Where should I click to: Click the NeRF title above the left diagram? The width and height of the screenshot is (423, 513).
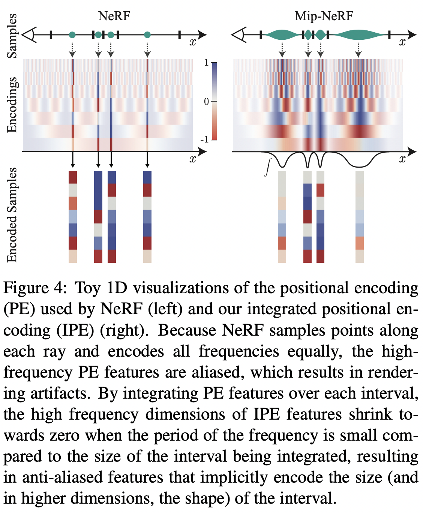coord(114,16)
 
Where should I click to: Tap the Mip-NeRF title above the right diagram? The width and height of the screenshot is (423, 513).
coord(324,16)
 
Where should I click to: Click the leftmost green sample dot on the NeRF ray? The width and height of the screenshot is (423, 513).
coord(72,35)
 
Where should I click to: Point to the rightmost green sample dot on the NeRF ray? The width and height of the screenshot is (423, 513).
coord(147,35)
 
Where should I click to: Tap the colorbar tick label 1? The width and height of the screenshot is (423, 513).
coord(206,63)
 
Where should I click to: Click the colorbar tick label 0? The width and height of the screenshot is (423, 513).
coord(206,101)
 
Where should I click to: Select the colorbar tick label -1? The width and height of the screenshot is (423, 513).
coord(205,139)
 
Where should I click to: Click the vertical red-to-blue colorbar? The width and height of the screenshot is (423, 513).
coord(214,101)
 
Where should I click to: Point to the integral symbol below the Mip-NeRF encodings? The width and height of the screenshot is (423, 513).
coord(267,167)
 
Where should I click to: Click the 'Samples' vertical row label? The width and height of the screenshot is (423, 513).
coord(12,36)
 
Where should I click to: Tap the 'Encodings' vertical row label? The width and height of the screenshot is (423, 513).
coord(12,105)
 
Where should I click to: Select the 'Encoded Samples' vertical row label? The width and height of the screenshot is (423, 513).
coord(12,215)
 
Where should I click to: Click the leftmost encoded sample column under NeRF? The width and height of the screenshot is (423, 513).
coord(73,217)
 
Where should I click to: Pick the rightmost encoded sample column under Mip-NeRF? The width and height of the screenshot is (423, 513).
coord(359,217)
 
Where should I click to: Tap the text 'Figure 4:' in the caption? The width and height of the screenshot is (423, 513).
coord(36,288)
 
